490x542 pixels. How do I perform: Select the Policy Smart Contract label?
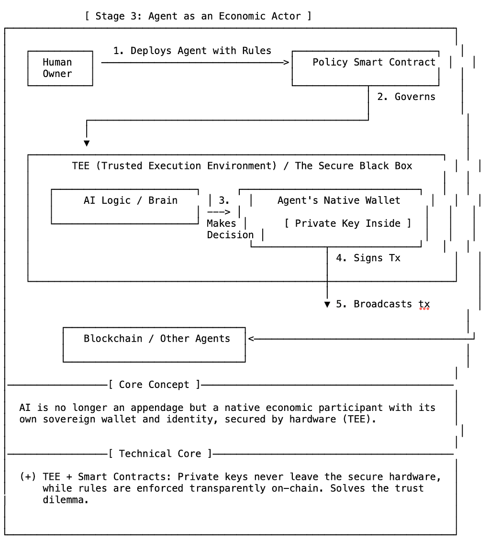(374, 62)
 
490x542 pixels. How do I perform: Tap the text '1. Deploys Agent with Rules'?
(192, 51)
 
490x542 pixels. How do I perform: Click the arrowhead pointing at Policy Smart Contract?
(286, 63)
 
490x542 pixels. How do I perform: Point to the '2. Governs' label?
(406, 97)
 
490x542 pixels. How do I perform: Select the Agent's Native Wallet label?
(339, 200)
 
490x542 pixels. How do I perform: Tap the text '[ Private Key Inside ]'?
(347, 223)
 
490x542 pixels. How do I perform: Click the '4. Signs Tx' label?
(368, 258)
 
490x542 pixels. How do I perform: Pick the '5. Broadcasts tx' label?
(383, 304)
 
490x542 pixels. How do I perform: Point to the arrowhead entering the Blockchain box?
(251, 339)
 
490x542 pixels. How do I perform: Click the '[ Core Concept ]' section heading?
(154, 385)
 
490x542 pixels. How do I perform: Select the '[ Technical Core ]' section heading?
(160, 454)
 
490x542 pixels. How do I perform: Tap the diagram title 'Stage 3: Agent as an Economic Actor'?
(198, 16)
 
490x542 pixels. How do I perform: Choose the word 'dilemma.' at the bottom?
(66, 500)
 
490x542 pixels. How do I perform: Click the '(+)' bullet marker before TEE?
(28, 476)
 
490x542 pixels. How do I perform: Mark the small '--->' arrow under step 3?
(219, 212)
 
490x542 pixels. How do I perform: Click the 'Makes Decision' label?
(230, 229)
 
